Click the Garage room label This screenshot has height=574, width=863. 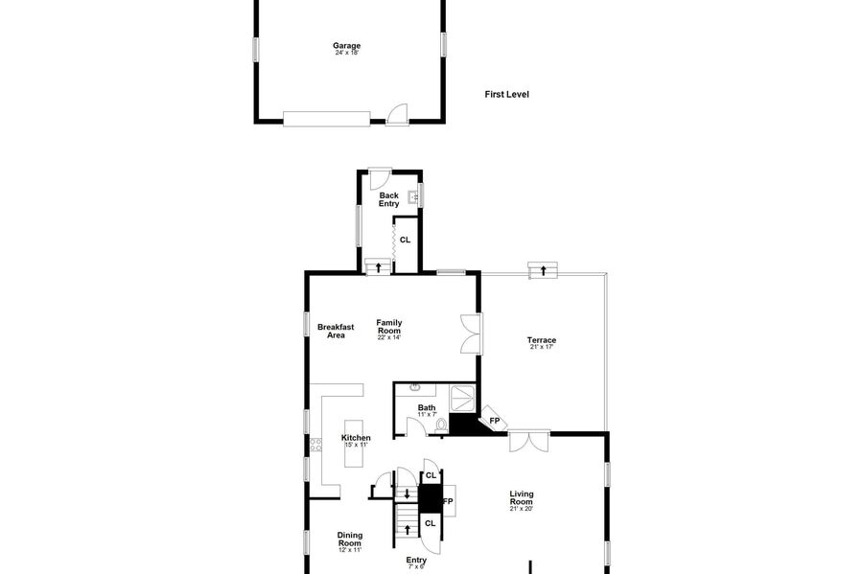[347, 46]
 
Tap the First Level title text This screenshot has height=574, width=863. [507, 95]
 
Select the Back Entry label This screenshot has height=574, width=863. [388, 199]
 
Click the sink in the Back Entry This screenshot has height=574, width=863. [413, 196]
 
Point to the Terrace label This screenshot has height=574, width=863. [542, 340]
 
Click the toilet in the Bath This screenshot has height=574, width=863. [441, 425]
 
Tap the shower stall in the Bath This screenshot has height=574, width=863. [463, 398]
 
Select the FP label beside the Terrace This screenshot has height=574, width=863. [494, 421]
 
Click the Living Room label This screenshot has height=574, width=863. [522, 497]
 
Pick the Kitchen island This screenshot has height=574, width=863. [354, 443]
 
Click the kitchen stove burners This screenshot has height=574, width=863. [315, 445]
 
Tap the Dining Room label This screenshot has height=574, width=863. [349, 539]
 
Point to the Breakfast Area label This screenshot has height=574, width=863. [336, 331]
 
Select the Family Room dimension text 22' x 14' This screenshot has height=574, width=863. [389, 337]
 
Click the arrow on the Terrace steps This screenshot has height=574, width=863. [544, 270]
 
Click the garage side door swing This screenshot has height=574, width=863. [397, 113]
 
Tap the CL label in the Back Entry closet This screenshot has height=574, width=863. [405, 240]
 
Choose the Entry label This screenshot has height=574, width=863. [416, 560]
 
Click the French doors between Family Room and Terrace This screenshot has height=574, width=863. [471, 333]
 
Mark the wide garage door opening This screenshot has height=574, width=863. [327, 119]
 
